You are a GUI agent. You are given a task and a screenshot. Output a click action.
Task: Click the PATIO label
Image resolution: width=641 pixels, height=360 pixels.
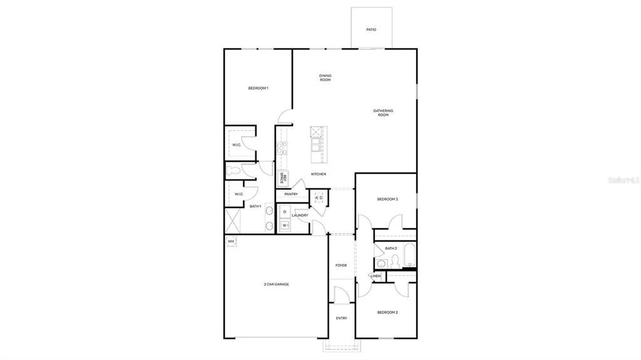[x=371, y=29]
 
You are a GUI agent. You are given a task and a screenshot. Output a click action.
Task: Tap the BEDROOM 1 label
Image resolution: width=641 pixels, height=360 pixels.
[x=258, y=88]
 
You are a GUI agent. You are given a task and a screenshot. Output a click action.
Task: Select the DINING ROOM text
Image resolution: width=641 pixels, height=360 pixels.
[x=325, y=78]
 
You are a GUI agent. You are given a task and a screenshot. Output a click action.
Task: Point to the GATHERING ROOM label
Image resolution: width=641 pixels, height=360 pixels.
[x=383, y=113]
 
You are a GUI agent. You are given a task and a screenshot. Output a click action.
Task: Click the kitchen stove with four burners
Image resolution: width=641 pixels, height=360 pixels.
[x=282, y=148]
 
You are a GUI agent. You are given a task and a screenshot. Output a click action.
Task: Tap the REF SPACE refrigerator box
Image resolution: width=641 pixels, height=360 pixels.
[x=284, y=178]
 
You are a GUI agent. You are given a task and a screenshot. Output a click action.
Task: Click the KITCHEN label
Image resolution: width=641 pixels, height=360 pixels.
[x=318, y=174]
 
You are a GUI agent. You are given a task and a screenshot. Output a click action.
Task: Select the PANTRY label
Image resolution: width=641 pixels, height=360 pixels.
[x=291, y=194]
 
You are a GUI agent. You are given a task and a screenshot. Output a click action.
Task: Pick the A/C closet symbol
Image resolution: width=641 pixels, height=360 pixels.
[x=318, y=198]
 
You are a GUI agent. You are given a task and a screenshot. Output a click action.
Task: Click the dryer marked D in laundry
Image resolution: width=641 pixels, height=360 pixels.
[x=284, y=212]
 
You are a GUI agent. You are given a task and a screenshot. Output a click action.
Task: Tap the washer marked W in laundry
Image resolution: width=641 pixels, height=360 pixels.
[x=284, y=225]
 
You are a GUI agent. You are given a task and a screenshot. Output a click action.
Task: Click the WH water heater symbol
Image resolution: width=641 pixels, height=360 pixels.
[x=230, y=241]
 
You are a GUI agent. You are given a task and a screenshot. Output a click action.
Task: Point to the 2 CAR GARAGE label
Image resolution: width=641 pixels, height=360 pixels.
[x=276, y=284]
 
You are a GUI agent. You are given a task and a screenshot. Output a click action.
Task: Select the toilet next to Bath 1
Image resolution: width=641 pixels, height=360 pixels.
[x=234, y=170]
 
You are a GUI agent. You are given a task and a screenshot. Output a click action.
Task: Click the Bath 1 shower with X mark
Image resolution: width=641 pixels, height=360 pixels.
[x=233, y=222]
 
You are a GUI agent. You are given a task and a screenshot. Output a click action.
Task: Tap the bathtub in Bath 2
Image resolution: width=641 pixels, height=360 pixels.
[x=409, y=254]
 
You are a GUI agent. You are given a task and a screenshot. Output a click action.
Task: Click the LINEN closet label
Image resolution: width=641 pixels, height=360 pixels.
[x=376, y=276]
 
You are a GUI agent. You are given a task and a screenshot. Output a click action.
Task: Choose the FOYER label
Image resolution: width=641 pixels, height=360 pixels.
[x=341, y=265]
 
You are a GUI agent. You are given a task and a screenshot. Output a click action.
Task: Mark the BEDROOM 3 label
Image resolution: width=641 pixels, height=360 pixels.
[x=387, y=199]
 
